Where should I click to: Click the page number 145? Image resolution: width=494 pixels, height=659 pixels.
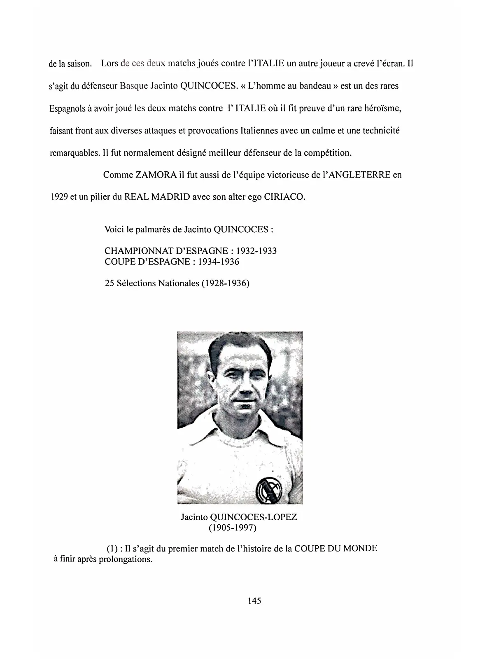(254, 601)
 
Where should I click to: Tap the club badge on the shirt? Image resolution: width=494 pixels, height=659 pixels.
(267, 489)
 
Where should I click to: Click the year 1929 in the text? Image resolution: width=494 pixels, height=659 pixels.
(59, 196)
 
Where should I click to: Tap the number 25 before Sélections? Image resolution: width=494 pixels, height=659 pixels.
(110, 283)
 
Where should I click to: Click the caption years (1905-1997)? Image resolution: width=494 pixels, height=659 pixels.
(233, 528)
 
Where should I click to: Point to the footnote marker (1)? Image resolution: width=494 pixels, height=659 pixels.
(112, 549)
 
